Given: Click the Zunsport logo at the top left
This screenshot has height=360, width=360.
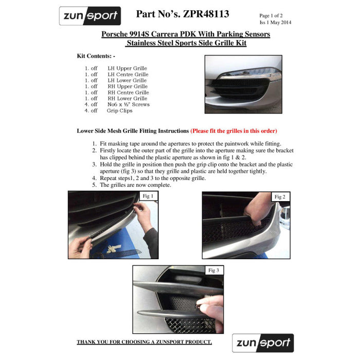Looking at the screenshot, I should point(89,16).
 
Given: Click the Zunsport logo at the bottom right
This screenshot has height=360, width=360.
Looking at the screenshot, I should point(263,343).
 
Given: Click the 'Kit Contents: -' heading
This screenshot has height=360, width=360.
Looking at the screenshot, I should point(96,55).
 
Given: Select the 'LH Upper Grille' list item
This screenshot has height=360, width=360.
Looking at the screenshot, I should point(127,68).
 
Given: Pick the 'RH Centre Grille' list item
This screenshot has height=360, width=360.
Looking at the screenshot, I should point(128,93).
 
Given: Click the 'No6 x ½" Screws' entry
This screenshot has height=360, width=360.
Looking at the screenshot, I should point(129,104).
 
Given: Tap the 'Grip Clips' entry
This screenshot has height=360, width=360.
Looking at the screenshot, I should point(119,111).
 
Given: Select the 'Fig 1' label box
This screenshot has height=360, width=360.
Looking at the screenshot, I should point(148,196).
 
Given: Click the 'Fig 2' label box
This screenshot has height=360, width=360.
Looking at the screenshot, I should point(280,197).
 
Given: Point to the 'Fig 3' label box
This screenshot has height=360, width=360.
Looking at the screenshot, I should point(213,270).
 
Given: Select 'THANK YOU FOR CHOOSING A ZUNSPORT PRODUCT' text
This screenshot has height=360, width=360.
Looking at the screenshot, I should point(144,342).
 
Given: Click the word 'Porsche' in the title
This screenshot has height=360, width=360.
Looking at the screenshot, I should point(116,34).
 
